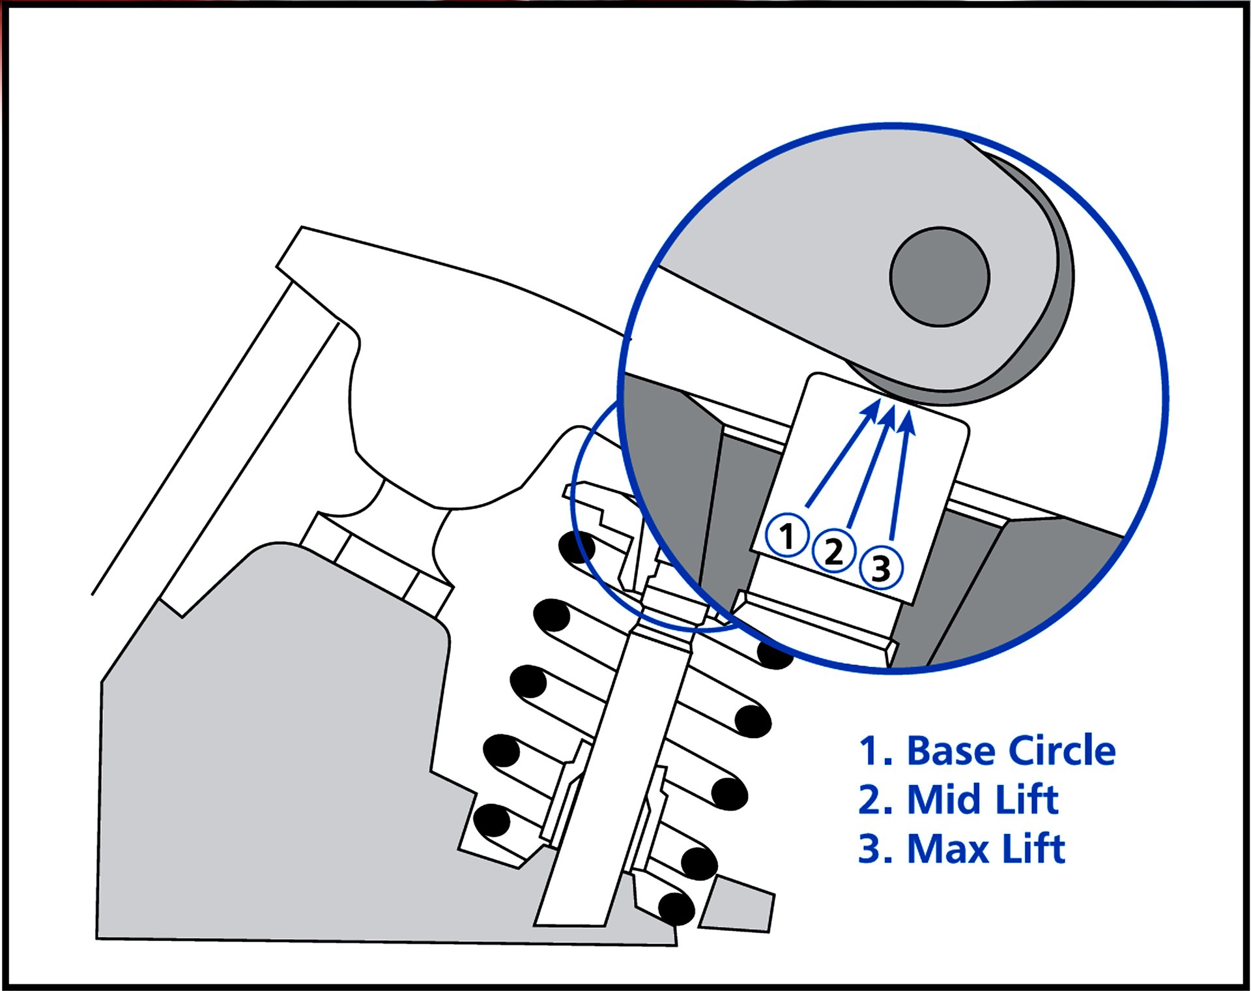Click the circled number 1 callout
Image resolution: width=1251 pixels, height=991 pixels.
pyautogui.click(x=786, y=535)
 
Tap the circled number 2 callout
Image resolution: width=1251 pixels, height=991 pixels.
pyautogui.click(x=834, y=551)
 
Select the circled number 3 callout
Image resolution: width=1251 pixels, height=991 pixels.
pyautogui.click(x=881, y=567)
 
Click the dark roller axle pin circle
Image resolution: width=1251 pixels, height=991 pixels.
pyautogui.click(x=940, y=276)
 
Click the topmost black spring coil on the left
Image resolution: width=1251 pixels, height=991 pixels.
pyautogui.click(x=577, y=547)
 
